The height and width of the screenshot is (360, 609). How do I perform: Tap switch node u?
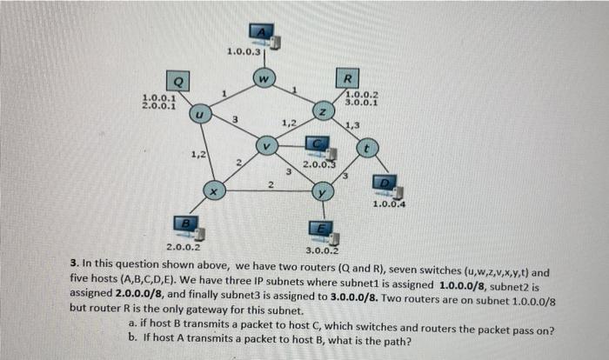click(199, 113)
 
